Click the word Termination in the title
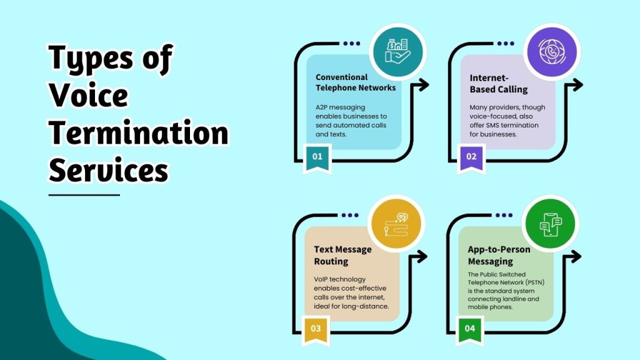tap(138, 134)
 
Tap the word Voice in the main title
tap(89, 96)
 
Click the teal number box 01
tap(317, 156)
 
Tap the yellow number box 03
tap(316, 328)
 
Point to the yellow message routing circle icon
tap(397, 224)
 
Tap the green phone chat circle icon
tap(551, 224)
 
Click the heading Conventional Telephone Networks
tap(355, 82)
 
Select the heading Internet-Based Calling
tap(499, 84)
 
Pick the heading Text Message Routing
tap(342, 255)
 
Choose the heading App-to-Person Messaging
tap(499, 255)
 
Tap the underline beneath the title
tap(84, 195)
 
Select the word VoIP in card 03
tap(323, 279)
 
